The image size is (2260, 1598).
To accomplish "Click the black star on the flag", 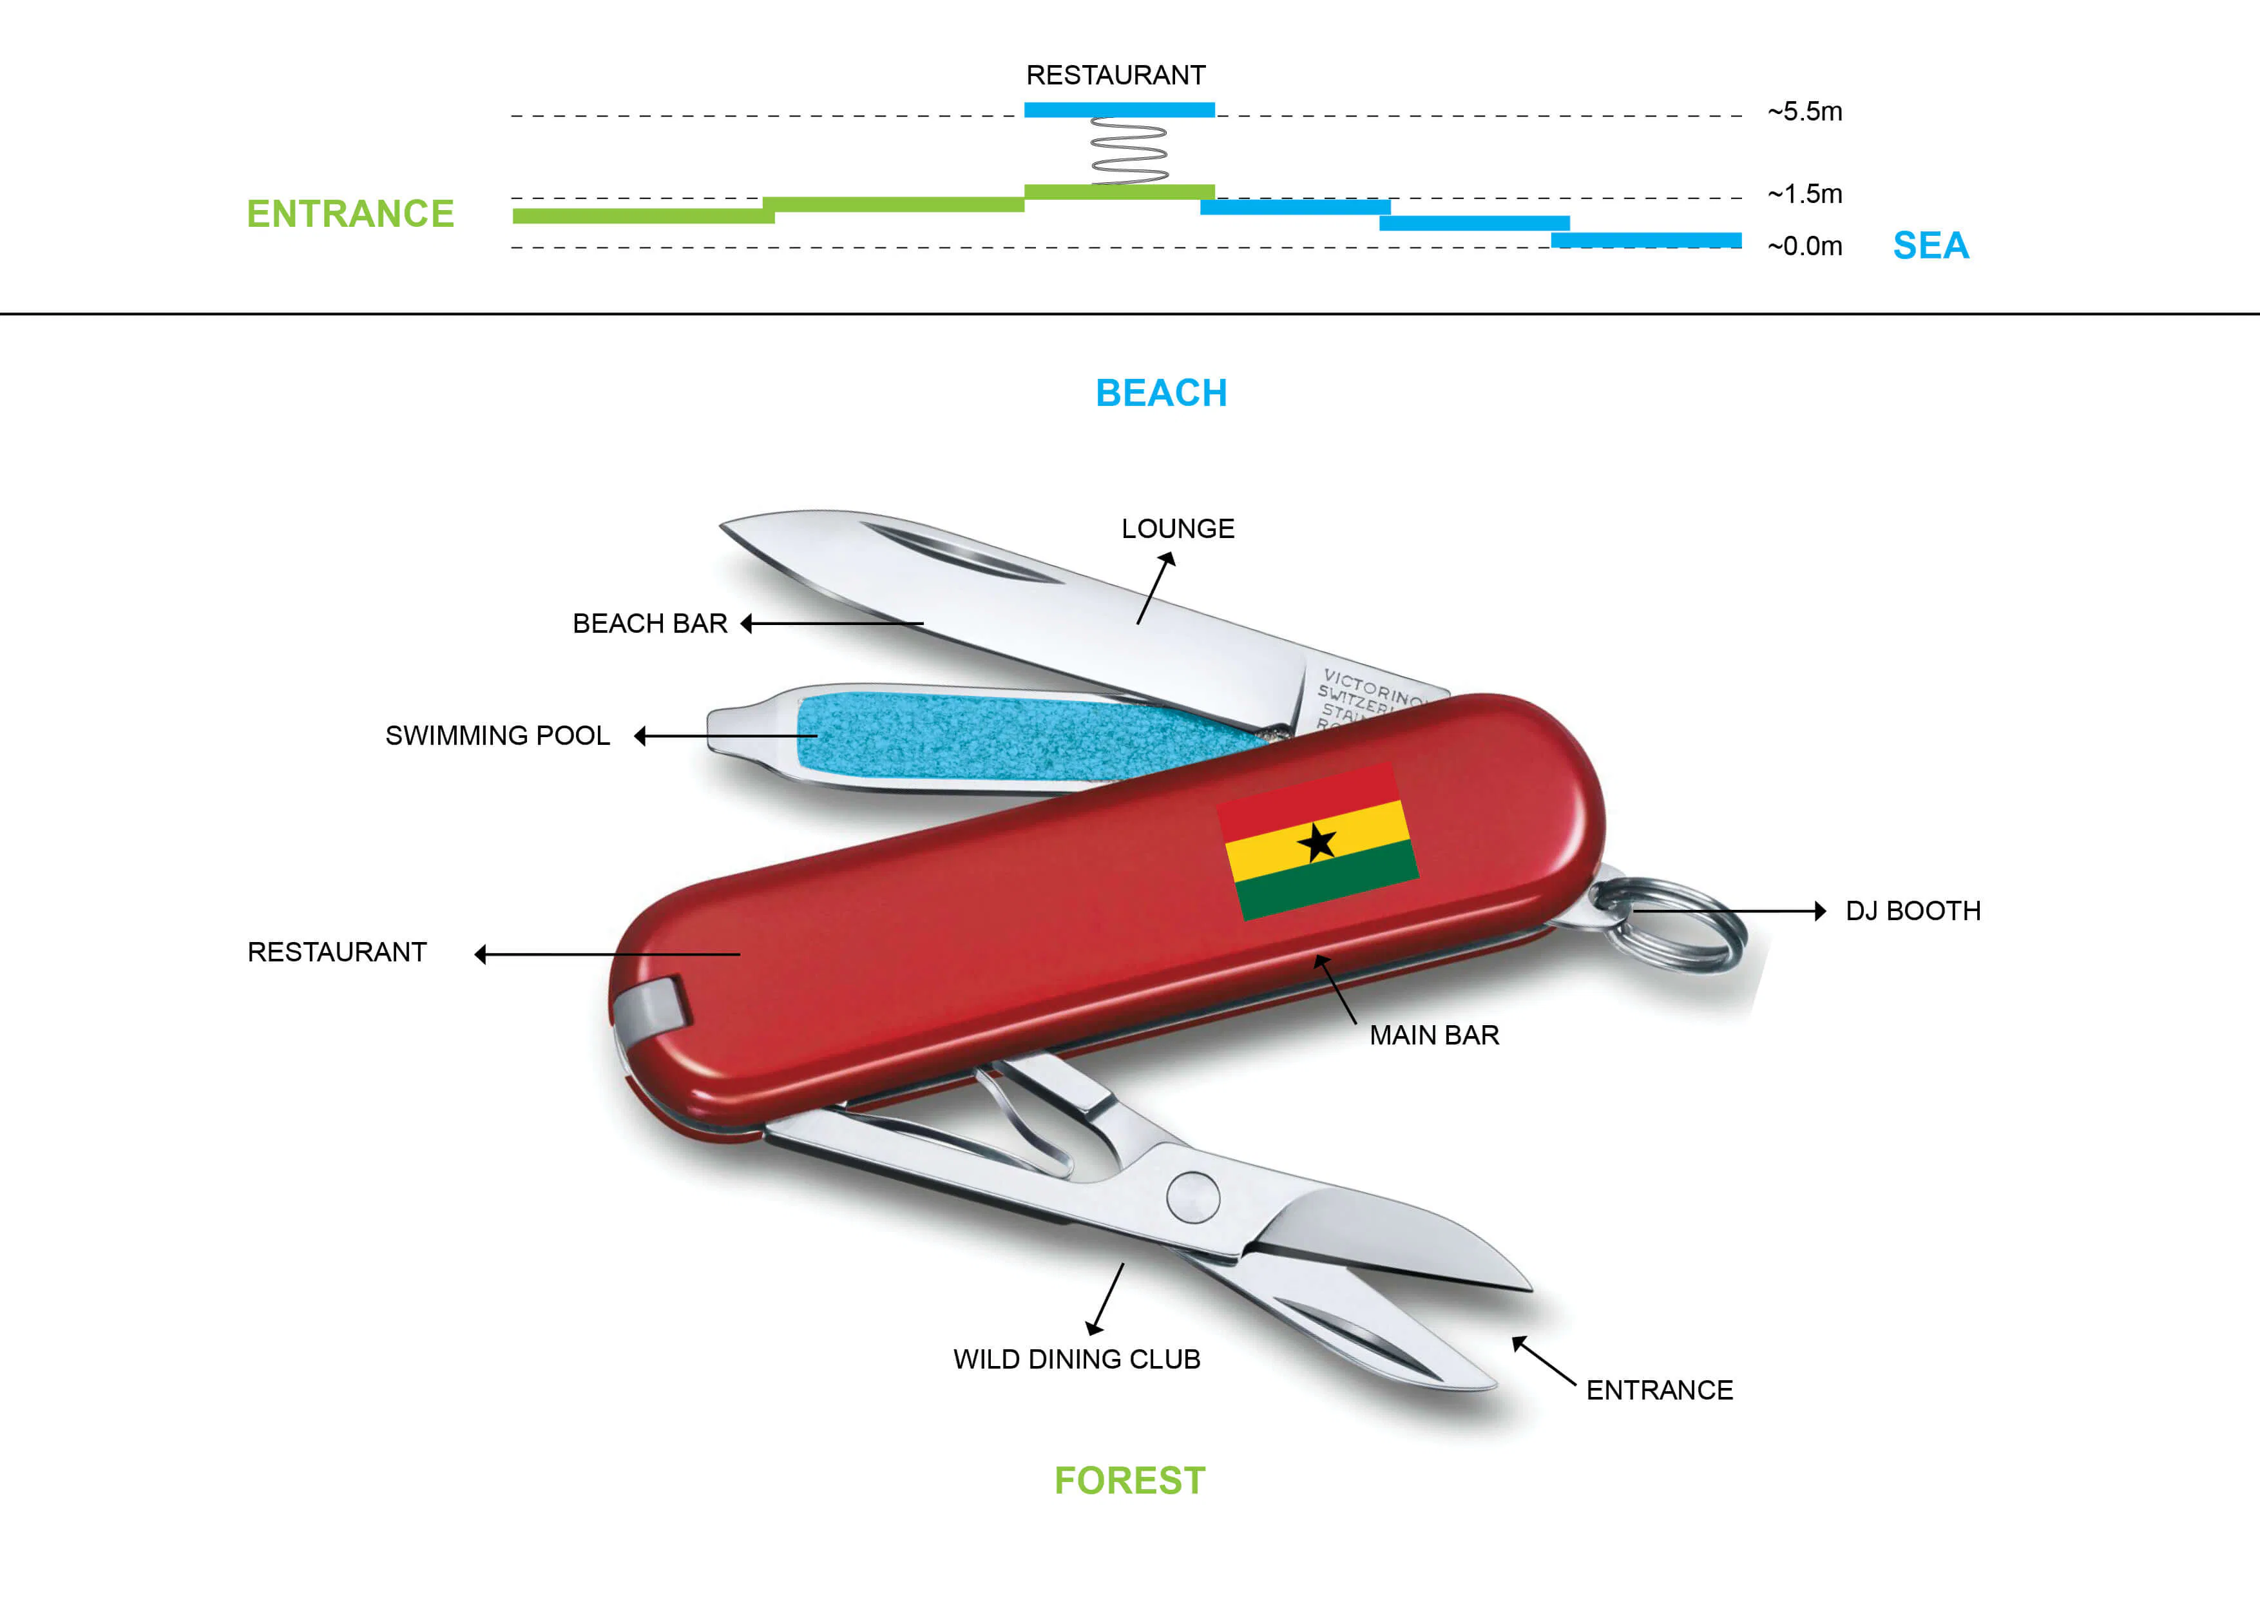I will point(1316,843).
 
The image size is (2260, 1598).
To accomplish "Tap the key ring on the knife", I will point(1673,923).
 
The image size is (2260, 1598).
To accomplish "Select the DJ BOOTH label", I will point(1913,910).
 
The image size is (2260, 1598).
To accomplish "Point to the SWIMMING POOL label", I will point(497,735).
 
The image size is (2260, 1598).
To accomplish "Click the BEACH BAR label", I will point(649,623).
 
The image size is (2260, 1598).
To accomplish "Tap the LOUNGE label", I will point(1177,529).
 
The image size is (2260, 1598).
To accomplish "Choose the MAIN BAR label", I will point(1434,1035).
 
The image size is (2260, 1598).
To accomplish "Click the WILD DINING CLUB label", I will point(1076,1359).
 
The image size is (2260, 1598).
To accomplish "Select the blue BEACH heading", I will point(1162,393).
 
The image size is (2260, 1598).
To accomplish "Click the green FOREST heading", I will point(1129,1481).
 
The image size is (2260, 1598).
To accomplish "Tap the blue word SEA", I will point(1930,245).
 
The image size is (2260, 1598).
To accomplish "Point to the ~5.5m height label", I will point(1805,111).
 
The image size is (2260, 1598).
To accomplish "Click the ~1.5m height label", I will point(1805,194).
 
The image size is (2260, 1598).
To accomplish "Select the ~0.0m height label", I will point(1805,246).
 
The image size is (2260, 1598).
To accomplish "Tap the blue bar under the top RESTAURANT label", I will point(1119,110).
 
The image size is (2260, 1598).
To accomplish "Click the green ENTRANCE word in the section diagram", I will point(350,214).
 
